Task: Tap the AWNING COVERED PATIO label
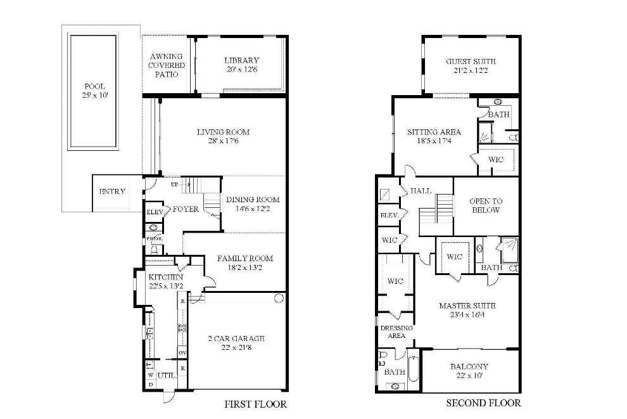[x=167, y=65]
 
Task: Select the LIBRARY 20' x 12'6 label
[x=241, y=65]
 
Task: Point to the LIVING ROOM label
[x=223, y=136]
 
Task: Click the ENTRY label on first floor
[x=112, y=191]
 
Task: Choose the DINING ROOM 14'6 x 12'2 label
[x=253, y=204]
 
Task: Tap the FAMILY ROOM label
[x=244, y=263]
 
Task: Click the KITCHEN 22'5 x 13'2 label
[x=165, y=281]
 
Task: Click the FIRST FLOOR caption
[x=256, y=404]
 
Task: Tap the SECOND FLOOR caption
[x=483, y=403]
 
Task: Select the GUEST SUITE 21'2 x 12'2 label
[x=471, y=66]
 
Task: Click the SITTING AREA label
[x=434, y=136]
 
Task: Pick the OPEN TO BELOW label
[x=486, y=205]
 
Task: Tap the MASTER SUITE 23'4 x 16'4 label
[x=467, y=311]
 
